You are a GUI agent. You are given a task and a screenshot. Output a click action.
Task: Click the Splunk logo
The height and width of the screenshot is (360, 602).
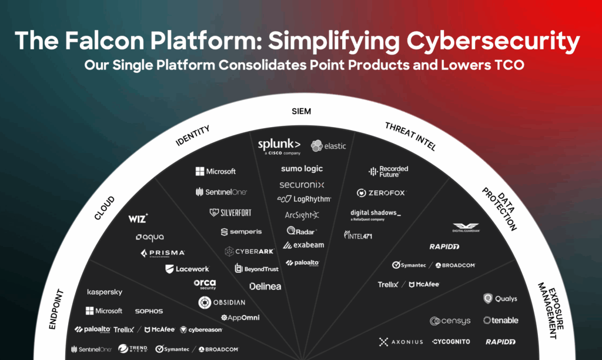coord(279,145)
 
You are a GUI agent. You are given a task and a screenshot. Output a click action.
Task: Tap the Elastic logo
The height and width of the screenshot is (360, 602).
coord(329,146)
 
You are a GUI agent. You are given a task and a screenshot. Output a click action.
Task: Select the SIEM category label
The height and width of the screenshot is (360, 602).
coord(301,111)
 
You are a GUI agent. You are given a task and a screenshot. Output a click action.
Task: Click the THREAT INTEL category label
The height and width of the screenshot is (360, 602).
coord(410,136)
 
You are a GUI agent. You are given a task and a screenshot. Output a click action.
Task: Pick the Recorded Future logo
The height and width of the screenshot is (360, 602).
coord(388,171)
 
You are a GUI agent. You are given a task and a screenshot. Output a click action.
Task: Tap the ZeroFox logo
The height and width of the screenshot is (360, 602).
coord(381,193)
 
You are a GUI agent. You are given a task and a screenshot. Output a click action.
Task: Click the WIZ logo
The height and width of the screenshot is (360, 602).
coord(138,219)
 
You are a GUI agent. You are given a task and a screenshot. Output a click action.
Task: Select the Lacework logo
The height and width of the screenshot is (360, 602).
coord(187,269)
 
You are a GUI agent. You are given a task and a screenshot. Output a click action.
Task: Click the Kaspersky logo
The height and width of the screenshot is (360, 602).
coord(105,292)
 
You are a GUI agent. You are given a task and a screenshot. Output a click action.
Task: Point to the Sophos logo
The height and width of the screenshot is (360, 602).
coord(149,311)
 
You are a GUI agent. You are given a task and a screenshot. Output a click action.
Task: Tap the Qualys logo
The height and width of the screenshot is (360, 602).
coord(500,299)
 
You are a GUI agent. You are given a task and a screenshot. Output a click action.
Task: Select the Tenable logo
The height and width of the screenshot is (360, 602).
coord(501,321)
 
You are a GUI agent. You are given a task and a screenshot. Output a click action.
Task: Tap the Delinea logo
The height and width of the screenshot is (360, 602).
coord(265,286)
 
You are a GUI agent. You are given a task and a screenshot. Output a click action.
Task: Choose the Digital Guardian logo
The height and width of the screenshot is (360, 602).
coord(466,228)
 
